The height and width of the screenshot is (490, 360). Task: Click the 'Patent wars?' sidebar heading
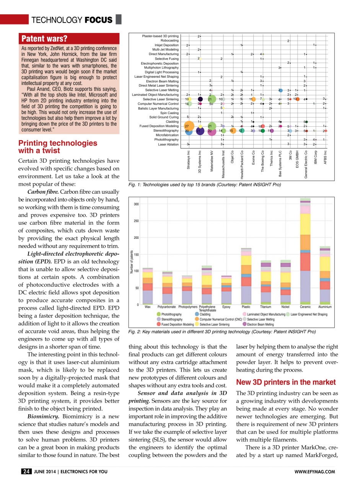click(45, 39)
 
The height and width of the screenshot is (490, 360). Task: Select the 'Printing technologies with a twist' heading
click(58, 147)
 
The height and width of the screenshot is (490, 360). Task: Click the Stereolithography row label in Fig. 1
click(166, 131)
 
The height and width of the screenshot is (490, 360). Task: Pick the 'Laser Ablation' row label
click(168, 144)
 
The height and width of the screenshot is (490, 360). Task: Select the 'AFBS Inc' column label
click(325, 158)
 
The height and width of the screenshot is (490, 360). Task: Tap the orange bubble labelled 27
click(187, 126)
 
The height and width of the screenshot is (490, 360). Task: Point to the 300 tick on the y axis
click(136, 204)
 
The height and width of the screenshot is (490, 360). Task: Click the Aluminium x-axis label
click(325, 307)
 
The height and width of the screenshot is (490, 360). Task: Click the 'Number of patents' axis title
click(131, 261)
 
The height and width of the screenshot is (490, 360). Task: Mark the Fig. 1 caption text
click(205, 185)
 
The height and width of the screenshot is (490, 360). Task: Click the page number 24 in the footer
click(26, 471)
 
